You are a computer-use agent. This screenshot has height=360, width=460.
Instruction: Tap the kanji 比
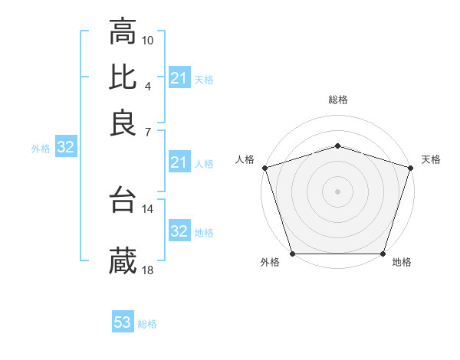123,77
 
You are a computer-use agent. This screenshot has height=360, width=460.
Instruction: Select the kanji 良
123,123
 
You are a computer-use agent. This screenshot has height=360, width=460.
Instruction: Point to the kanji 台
123,200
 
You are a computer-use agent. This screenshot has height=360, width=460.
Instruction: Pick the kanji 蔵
123,261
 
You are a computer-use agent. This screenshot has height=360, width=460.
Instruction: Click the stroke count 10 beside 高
149,39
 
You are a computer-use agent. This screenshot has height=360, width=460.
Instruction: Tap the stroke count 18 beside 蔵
148,270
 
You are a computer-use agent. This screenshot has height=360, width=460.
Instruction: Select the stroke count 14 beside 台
148,208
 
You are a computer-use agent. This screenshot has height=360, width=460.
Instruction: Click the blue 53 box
123,323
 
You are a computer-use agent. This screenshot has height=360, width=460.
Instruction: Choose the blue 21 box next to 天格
179,78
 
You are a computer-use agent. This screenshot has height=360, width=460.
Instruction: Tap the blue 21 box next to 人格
179,162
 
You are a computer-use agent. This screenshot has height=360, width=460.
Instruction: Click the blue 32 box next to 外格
66,148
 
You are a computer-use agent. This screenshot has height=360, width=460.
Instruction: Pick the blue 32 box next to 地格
179,231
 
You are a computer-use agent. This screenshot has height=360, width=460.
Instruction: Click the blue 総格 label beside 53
147,324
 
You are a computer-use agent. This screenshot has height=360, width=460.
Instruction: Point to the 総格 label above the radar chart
338,100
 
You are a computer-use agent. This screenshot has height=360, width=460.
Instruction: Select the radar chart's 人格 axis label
245,159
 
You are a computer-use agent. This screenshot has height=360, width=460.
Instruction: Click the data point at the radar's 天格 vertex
410,168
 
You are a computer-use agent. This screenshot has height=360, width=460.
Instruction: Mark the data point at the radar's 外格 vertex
293,254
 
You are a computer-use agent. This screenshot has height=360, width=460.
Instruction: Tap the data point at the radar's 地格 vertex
383,254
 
